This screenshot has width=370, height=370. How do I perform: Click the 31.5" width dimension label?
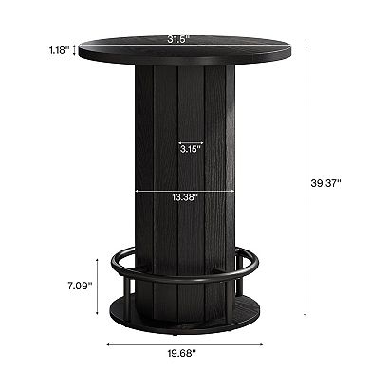[175, 39]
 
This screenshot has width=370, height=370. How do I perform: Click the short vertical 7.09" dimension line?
[100, 285]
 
